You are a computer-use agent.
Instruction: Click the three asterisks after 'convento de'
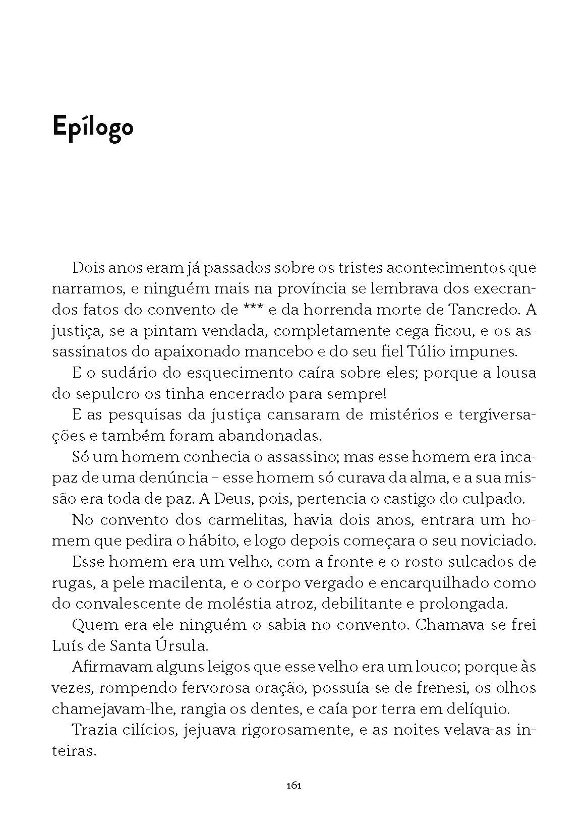coord(252,309)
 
